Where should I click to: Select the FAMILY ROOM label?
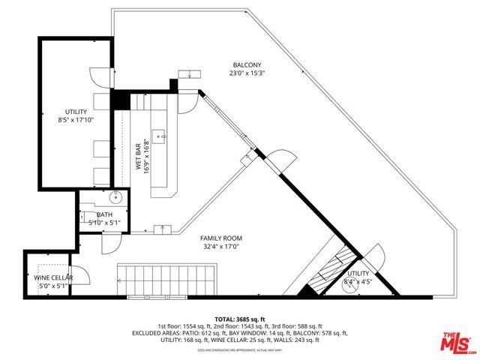pyautogui.click(x=221, y=238)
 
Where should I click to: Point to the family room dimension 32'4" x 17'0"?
pyautogui.click(x=221, y=247)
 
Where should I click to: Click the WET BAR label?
pyautogui.click(x=139, y=157)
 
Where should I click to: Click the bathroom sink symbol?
pyautogui.click(x=116, y=198)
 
